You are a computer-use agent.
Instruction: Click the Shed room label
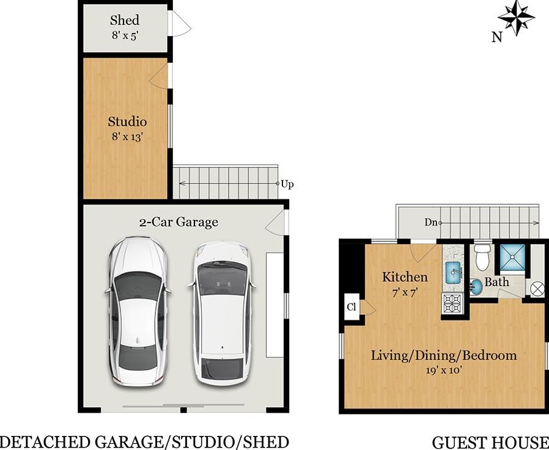click(x=125, y=20)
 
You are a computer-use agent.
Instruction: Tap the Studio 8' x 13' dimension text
click(x=127, y=136)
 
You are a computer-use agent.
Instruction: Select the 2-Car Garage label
click(x=179, y=222)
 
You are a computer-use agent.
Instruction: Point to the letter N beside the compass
click(x=497, y=37)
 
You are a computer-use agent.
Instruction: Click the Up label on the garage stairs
click(x=287, y=184)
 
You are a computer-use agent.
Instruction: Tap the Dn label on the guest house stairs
click(x=431, y=222)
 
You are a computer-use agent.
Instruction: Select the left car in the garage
click(x=138, y=312)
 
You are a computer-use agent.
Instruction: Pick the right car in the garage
click(x=221, y=312)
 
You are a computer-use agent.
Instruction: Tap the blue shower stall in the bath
click(x=512, y=257)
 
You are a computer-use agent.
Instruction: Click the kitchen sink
click(x=453, y=273)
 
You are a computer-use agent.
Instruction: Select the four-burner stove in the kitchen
click(x=452, y=303)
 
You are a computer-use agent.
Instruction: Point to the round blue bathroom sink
click(x=476, y=287)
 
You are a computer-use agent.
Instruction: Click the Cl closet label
click(x=351, y=307)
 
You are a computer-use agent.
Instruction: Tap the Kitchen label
click(x=405, y=277)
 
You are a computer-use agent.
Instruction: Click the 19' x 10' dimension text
click(x=444, y=370)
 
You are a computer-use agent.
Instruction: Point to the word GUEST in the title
click(x=460, y=443)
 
